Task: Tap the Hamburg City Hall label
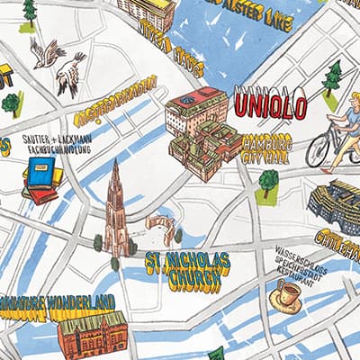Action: [x=267, y=149]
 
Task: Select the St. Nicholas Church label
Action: [x=184, y=273]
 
